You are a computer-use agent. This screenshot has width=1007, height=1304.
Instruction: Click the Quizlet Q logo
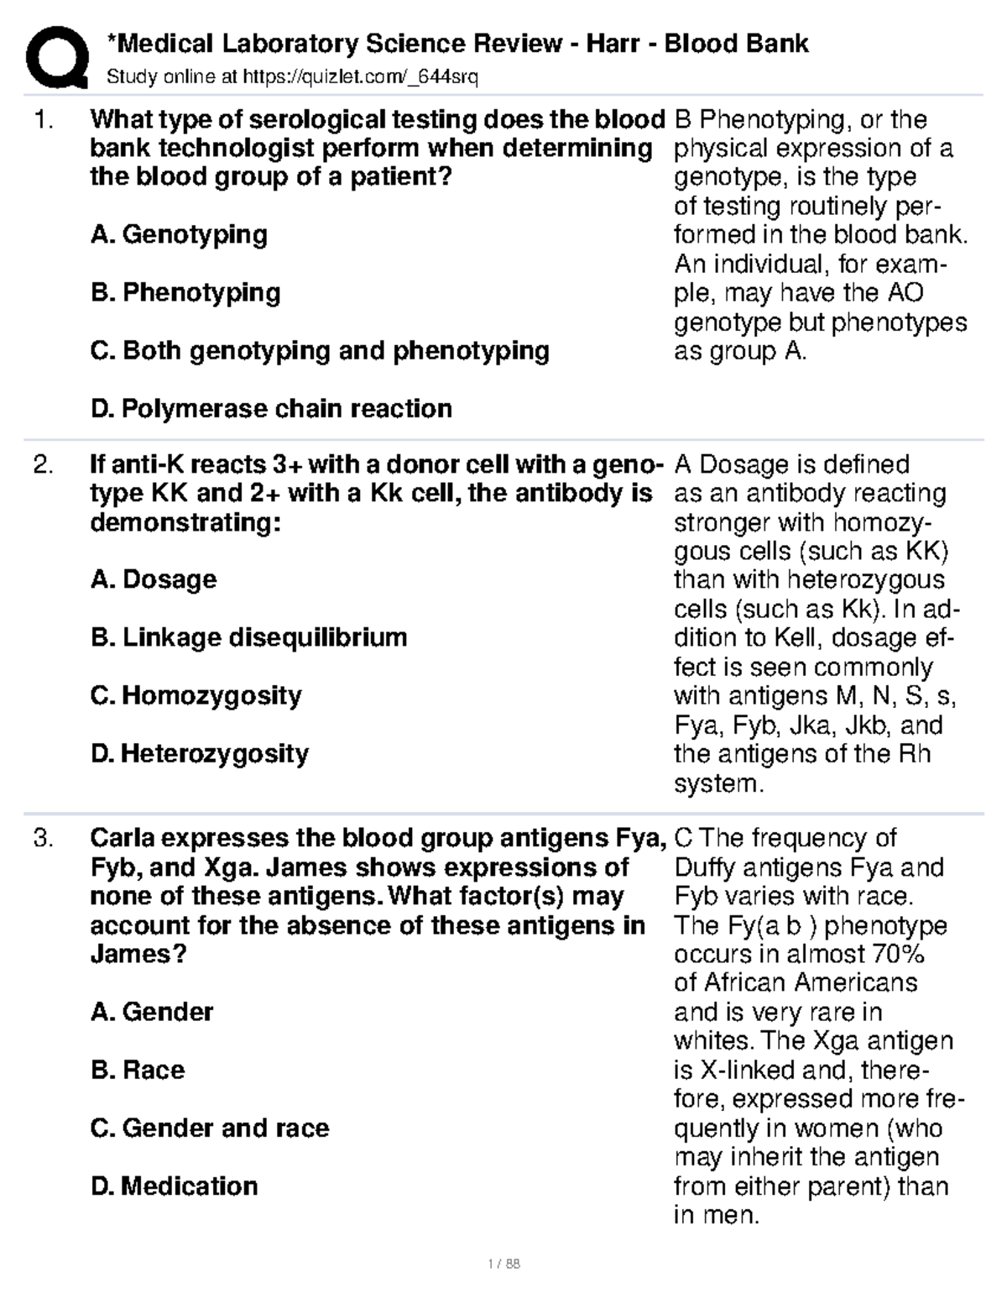click(x=56, y=57)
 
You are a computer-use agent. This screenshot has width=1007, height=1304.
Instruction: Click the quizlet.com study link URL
click(x=360, y=78)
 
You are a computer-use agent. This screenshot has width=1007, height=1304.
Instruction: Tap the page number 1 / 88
click(x=503, y=1264)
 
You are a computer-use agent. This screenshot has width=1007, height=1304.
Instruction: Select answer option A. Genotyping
click(x=179, y=234)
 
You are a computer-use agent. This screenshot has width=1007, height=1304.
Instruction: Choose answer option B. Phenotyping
click(x=185, y=292)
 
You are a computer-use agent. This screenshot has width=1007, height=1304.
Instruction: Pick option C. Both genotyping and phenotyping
click(x=320, y=350)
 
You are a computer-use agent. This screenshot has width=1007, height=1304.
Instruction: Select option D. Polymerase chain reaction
click(x=271, y=409)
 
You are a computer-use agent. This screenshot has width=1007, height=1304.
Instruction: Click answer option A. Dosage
click(x=154, y=579)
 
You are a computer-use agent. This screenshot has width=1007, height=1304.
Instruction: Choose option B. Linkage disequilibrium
click(x=248, y=637)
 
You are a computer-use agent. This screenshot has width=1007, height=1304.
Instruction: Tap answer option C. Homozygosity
click(x=196, y=695)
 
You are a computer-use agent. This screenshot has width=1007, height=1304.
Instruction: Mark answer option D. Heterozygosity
click(x=200, y=753)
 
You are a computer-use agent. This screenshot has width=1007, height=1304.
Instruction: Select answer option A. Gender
click(x=152, y=1012)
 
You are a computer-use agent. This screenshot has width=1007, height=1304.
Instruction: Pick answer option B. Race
click(x=138, y=1070)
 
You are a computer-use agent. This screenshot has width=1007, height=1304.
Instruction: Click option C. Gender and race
click(x=210, y=1128)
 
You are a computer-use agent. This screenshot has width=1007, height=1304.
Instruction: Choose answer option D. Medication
click(x=175, y=1186)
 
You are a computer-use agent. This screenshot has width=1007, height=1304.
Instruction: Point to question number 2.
click(x=43, y=465)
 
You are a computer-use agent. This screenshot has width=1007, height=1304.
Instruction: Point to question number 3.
click(x=43, y=839)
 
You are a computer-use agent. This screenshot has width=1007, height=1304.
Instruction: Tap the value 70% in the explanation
click(x=895, y=955)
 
